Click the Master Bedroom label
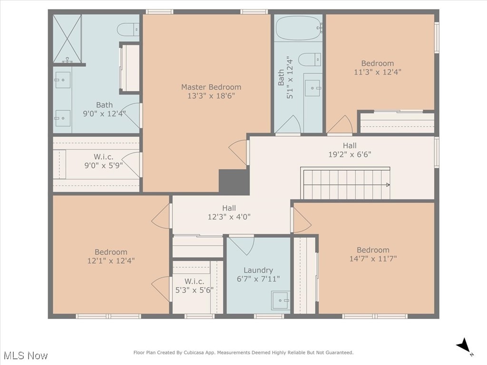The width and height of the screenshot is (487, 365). tap(211, 87)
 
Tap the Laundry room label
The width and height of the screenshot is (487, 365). tap(258, 270)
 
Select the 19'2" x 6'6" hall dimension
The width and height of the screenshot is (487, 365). tap(350, 154)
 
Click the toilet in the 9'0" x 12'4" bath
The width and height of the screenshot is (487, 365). tap(128, 30)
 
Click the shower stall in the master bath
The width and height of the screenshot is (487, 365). tap(67, 39)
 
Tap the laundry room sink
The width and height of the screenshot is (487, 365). tap(280, 300)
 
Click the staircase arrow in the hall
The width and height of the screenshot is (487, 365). tap(388, 185)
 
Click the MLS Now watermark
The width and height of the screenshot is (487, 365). tap(25, 355)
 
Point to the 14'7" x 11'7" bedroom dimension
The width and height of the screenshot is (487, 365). tap(373, 259)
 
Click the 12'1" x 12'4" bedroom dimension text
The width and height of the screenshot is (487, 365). tap(111, 261)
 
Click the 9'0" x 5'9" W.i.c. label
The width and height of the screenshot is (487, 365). tap(104, 157)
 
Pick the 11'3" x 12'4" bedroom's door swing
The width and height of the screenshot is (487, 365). tap(339, 126)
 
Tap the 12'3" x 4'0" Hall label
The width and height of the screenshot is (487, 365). tap(229, 208)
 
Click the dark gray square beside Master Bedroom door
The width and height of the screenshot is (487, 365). tap(234, 181)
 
